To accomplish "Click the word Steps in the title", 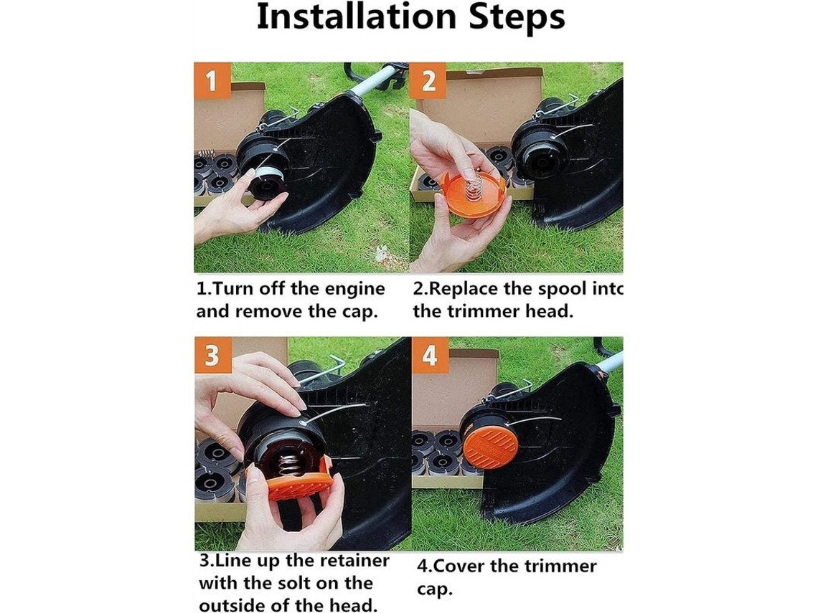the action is point(517,18).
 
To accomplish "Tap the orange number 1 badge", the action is point(212,80).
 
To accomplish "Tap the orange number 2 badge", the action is point(428,80).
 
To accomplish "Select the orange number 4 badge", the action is point(430,355).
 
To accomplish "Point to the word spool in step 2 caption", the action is point(562,290).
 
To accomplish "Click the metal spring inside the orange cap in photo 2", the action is point(474,189).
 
